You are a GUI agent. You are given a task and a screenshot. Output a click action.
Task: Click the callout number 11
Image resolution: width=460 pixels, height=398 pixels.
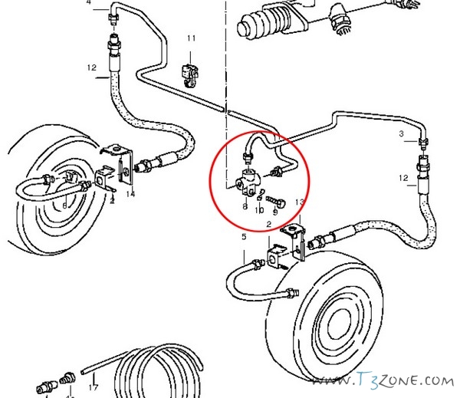pyautogui.click(x=191, y=38)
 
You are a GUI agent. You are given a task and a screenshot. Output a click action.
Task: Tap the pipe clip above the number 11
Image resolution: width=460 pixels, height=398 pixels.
pyautogui.click(x=189, y=72)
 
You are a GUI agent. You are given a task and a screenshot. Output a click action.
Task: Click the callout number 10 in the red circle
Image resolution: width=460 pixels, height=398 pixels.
pyautogui.click(x=258, y=209)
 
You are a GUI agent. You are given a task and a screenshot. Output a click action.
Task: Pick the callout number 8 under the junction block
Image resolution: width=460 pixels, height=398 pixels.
pyautogui.click(x=244, y=206)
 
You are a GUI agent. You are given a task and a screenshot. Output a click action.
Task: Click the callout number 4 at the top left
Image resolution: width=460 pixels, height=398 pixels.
pyautogui.click(x=87, y=3)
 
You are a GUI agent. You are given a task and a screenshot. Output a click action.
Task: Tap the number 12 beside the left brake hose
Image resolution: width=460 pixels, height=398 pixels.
pyautogui.click(x=91, y=67)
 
